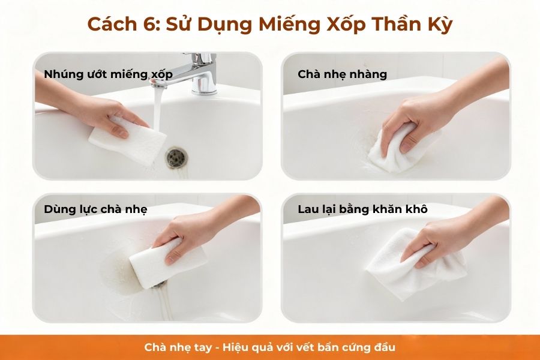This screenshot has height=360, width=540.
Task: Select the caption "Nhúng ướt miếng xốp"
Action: [x=108, y=74]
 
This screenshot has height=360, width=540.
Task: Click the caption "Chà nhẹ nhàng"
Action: [x=342, y=74]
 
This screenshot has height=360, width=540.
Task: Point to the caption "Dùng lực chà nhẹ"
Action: [x=95, y=209]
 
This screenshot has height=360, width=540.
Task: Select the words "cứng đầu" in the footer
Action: [x=373, y=347]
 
